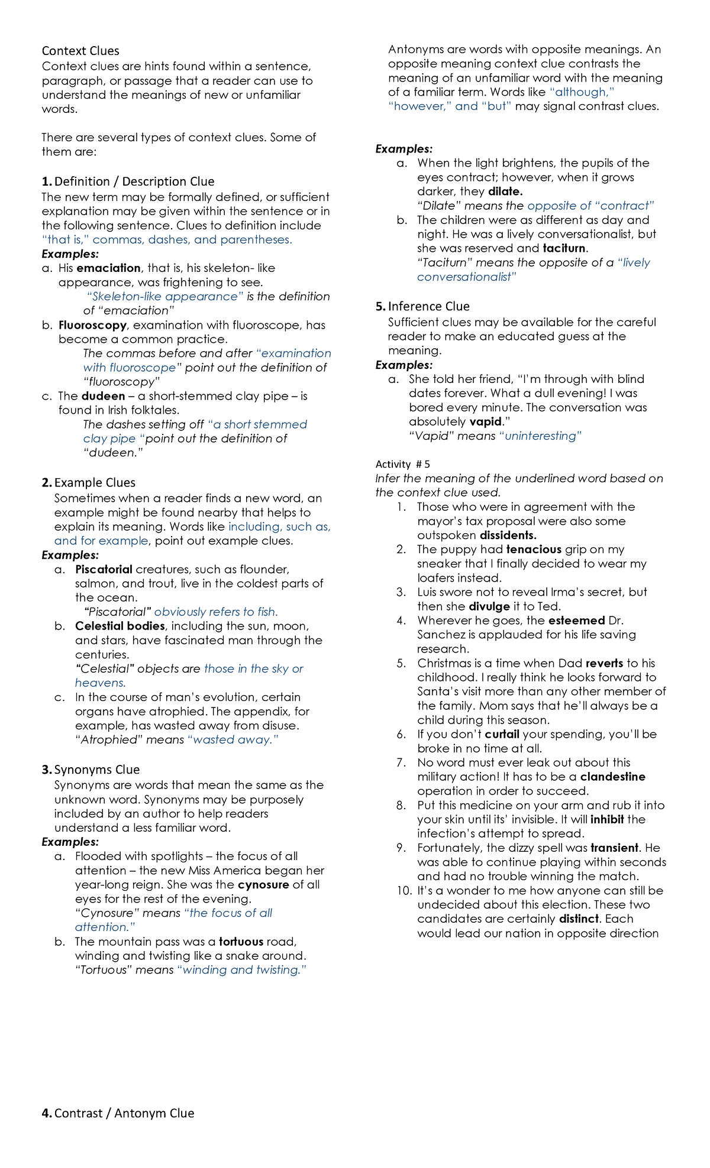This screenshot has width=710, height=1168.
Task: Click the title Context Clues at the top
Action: point(80,51)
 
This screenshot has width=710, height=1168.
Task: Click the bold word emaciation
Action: point(109,268)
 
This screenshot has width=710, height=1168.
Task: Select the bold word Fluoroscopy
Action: point(92,325)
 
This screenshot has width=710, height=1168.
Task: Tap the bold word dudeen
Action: point(103,396)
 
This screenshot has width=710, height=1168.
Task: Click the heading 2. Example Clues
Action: point(89,482)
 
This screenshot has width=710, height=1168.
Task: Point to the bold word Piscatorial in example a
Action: point(104,569)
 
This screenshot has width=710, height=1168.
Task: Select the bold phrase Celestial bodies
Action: point(120,626)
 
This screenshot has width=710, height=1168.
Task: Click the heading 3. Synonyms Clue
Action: point(91,770)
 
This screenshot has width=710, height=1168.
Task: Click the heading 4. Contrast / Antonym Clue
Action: point(118,1113)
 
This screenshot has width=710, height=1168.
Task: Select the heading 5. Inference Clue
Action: point(422,306)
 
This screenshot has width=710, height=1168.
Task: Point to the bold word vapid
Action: point(485,421)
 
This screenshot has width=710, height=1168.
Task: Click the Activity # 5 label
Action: point(403,464)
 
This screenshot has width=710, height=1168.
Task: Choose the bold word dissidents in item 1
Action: point(508,536)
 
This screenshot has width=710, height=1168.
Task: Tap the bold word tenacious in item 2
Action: point(534,550)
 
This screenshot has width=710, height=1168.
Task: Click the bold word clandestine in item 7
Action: point(612,777)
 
